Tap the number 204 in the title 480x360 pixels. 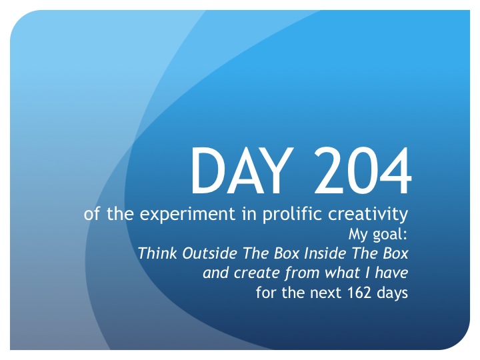[x=363, y=170]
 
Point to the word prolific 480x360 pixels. [x=293, y=214]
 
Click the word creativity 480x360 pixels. [x=368, y=214]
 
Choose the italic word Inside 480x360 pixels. [x=325, y=253]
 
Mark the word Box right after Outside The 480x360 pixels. [x=286, y=253]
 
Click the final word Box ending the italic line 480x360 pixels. [x=396, y=253]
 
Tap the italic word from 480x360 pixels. [x=302, y=273]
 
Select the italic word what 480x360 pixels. [x=342, y=273]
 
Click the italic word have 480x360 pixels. [x=391, y=273]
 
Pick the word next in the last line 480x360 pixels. [x=325, y=293]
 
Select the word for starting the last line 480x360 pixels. [x=266, y=292]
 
